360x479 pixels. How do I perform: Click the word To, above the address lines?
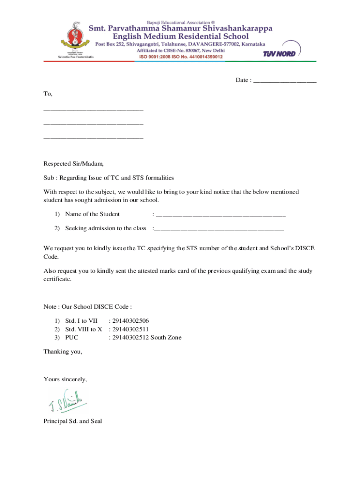tap(48, 94)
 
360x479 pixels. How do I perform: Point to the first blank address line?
tap(93, 110)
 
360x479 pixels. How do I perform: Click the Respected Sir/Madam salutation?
tap(73, 164)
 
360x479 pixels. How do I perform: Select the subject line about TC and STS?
tap(108, 178)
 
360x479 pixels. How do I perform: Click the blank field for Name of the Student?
tap(220, 215)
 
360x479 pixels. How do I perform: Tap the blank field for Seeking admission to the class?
tap(219, 229)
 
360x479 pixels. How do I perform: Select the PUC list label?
tap(72, 338)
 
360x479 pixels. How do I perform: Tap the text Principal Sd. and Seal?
tap(72, 421)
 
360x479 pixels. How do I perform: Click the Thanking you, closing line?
tap(63, 351)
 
